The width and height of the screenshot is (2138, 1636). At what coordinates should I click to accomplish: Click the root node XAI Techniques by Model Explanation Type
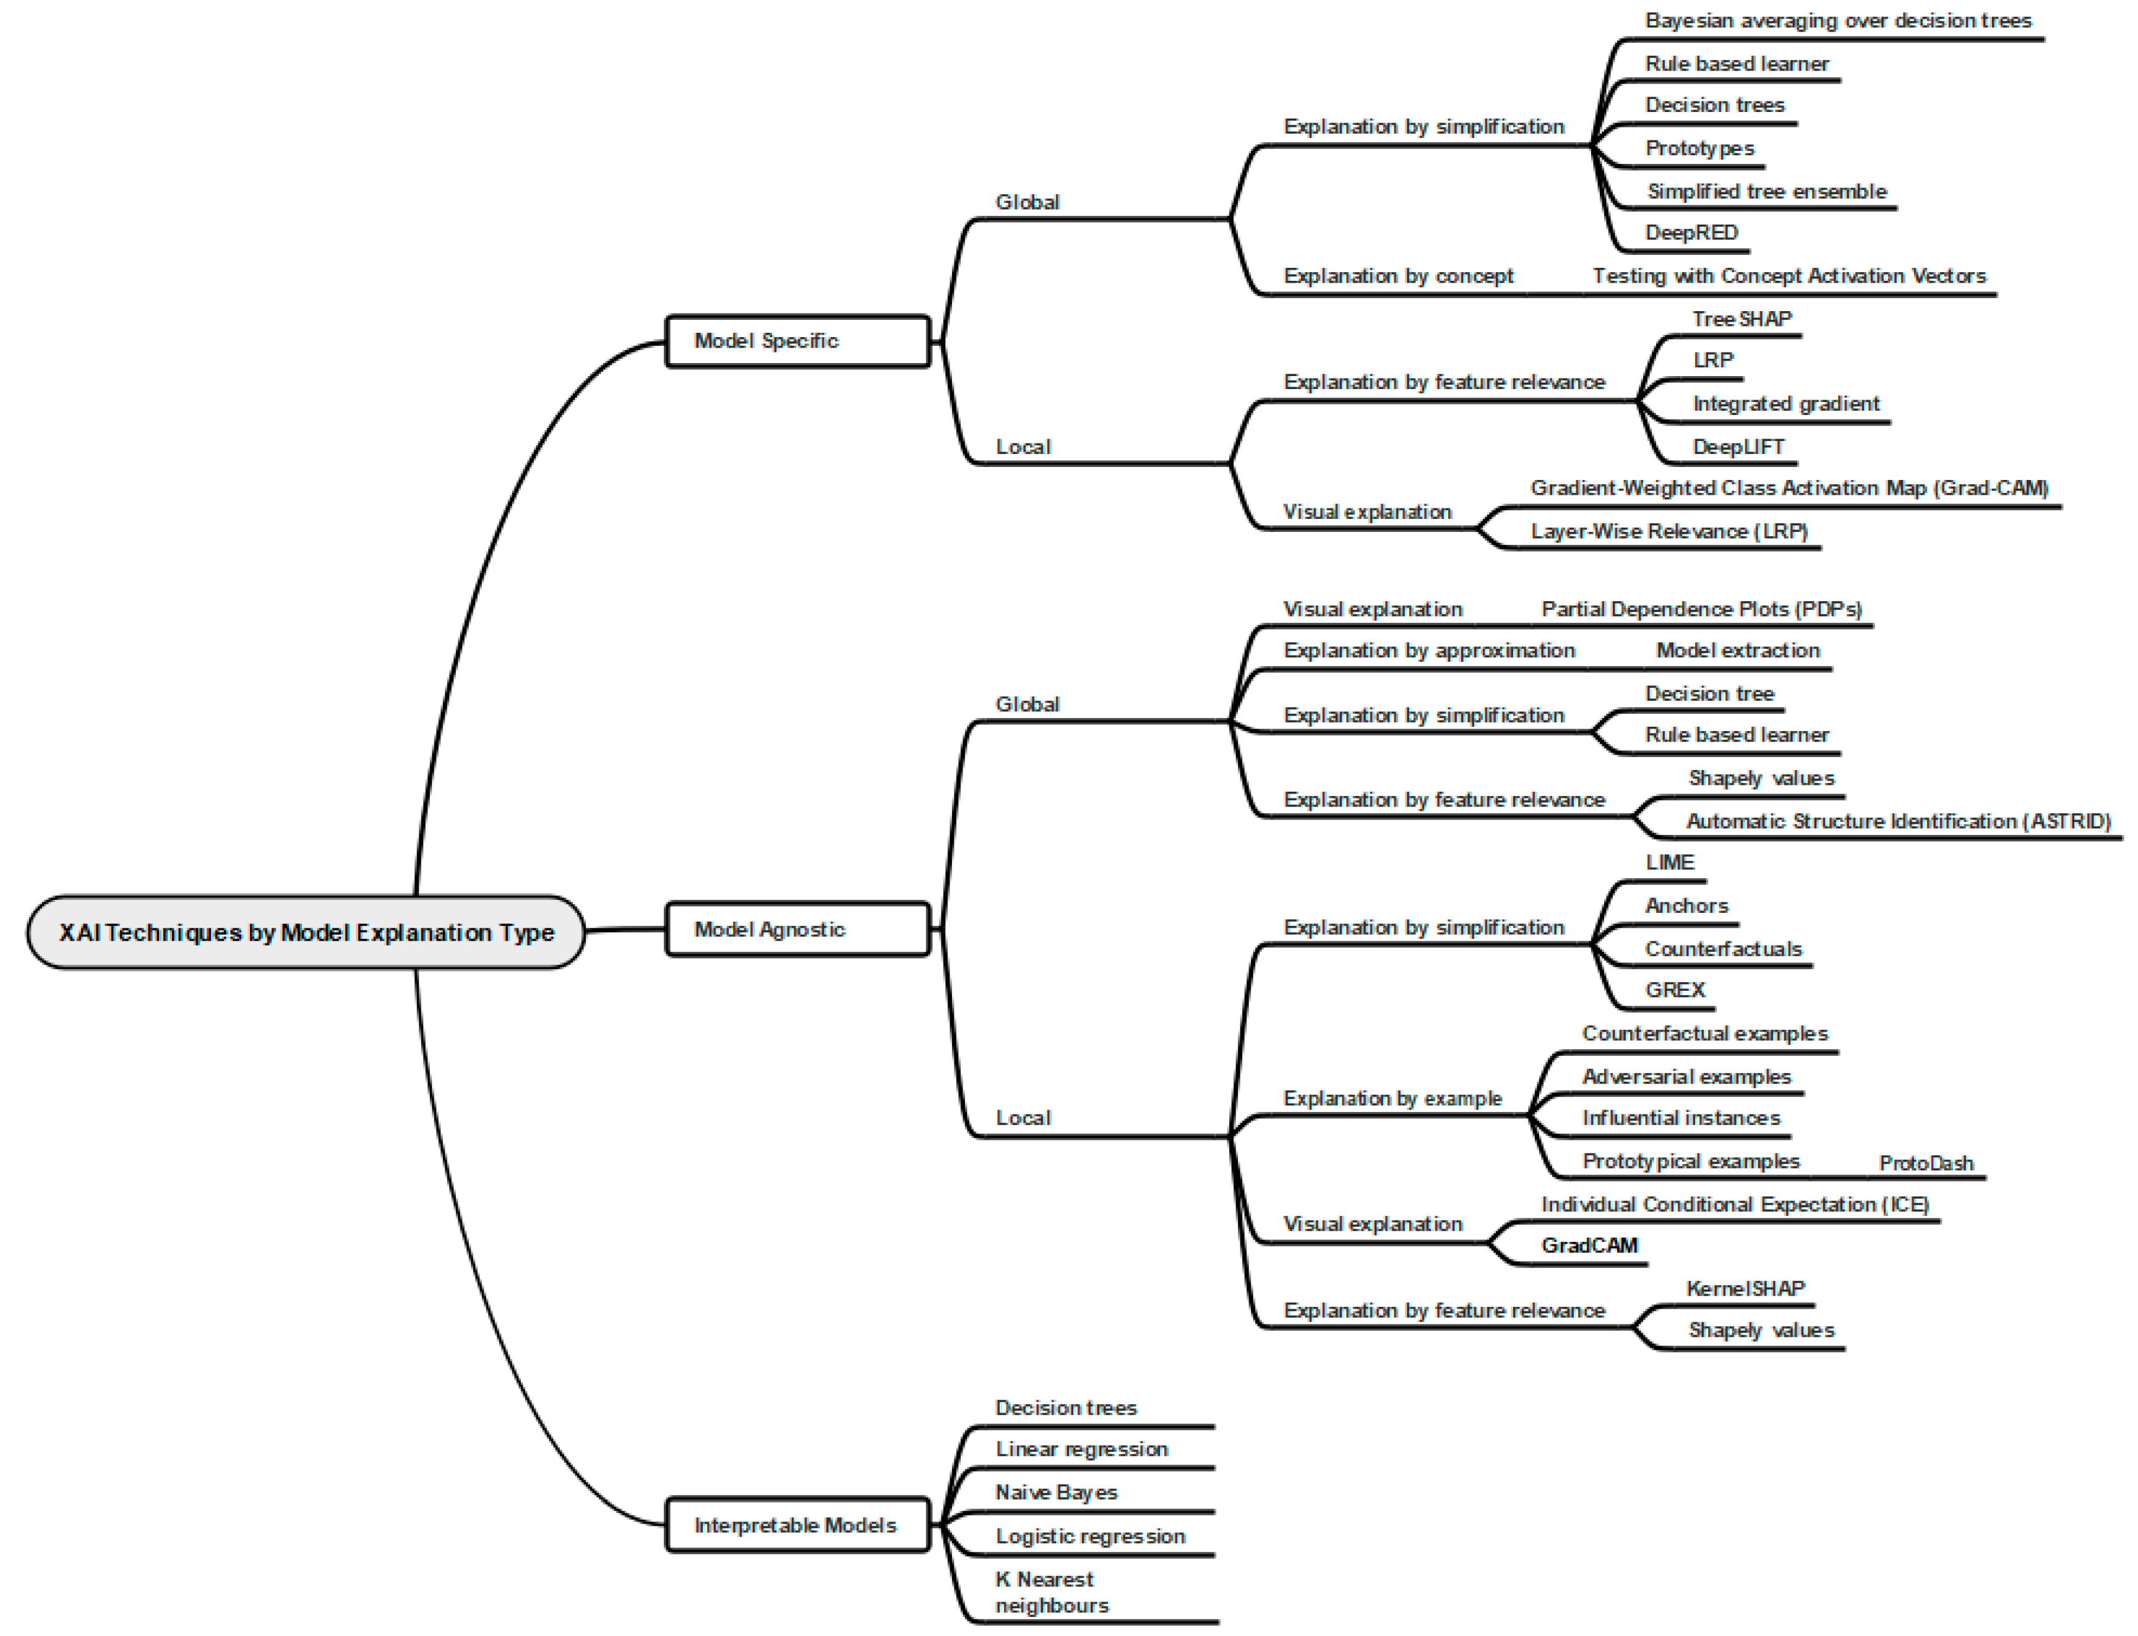[306, 932]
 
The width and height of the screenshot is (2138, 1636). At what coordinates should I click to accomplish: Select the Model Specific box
[797, 341]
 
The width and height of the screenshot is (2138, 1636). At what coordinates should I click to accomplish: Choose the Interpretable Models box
[797, 1525]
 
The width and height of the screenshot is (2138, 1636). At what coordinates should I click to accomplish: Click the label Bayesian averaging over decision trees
[1837, 20]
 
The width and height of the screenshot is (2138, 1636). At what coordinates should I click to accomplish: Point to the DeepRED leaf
[1691, 233]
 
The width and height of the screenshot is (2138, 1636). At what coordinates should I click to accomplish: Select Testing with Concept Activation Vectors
[1788, 276]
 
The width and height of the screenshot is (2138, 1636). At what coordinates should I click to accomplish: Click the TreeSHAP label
[1741, 319]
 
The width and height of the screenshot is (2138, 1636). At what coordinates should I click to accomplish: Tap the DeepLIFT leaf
[1738, 447]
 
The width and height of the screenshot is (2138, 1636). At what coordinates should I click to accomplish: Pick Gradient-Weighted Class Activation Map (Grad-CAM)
[1788, 488]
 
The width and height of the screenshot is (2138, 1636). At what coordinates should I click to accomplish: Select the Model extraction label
[1737, 651]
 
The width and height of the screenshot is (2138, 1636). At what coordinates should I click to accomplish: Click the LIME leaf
[1670, 863]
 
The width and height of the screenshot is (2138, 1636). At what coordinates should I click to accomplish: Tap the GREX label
[1675, 990]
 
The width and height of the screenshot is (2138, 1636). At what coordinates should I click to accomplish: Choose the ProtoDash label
[1925, 1163]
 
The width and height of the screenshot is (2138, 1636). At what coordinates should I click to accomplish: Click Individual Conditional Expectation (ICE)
[1734, 1205]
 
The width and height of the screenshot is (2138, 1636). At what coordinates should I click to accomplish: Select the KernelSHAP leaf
[1745, 1290]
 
